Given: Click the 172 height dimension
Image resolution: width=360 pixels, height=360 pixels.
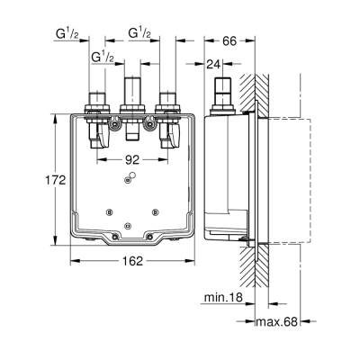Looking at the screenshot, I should (56, 180).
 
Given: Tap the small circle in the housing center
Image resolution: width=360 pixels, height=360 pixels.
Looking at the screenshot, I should (132, 178).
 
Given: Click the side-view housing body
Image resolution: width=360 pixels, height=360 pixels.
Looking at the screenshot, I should (225, 180).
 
